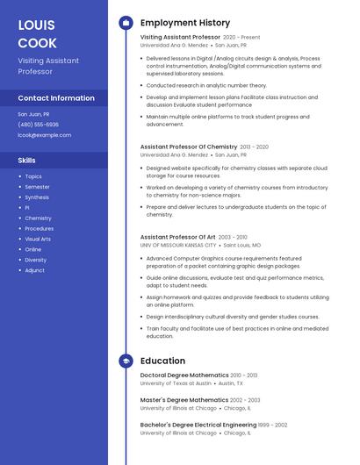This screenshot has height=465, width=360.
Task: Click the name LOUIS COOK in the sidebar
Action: pos(37,33)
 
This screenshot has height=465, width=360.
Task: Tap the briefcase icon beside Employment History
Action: pos(126,22)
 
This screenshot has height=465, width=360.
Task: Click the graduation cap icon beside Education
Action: pos(126,361)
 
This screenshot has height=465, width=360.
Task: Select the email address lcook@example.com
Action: pos(44,135)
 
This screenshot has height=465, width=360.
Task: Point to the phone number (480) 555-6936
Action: pos(39,125)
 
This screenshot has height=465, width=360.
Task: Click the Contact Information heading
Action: pos(56,98)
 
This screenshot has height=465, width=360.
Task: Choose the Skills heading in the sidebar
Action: pos(27,161)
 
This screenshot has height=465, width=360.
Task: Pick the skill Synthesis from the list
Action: pos(37,197)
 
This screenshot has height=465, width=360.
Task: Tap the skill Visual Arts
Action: pos(38,239)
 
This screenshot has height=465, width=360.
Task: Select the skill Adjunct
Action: pos(34,270)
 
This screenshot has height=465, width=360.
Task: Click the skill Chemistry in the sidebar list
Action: pos(38,218)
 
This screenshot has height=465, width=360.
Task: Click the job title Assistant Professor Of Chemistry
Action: pos(189,147)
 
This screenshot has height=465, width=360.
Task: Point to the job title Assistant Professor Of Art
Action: pos(177,237)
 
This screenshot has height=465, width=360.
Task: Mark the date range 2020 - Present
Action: pos(241,38)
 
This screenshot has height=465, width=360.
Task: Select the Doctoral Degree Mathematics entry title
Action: pos(184,375)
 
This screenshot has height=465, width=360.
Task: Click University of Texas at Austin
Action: pos(176,383)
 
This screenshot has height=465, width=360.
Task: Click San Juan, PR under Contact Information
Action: pos(33,114)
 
